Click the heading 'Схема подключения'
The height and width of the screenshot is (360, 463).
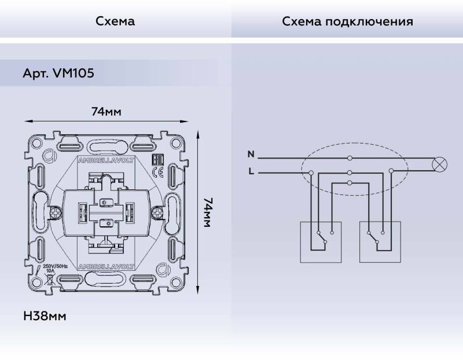click(347, 21)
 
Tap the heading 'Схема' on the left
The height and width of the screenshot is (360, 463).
click(115, 21)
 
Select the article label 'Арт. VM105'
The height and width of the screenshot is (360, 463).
click(58, 74)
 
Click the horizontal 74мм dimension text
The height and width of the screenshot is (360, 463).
click(106, 112)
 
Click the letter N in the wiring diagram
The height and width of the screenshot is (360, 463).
click(251, 154)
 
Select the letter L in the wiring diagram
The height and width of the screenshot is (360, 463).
click(251, 172)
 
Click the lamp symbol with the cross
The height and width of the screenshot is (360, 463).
click(440, 164)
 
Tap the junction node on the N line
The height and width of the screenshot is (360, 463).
click(350, 158)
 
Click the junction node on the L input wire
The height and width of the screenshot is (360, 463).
click(311, 172)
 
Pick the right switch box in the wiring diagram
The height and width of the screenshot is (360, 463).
click(380, 241)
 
